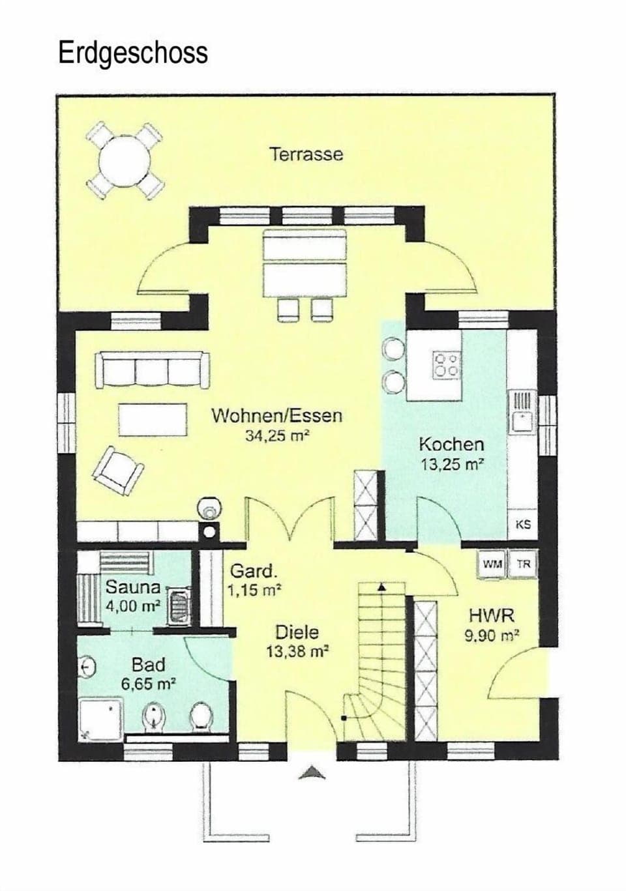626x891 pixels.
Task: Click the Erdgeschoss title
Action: [133, 53]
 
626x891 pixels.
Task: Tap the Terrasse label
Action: [306, 154]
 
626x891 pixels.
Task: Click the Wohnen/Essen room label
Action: [276, 416]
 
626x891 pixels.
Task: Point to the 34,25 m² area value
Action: [276, 436]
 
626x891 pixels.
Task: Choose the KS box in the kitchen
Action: [523, 524]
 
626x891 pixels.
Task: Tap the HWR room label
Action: [491, 615]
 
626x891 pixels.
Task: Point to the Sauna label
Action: [133, 586]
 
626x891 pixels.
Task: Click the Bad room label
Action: [148, 665]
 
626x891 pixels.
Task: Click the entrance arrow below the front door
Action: [312, 773]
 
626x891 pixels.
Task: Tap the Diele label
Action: [297, 632]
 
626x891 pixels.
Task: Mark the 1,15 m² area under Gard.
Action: [254, 591]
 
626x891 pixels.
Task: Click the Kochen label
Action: [451, 445]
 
